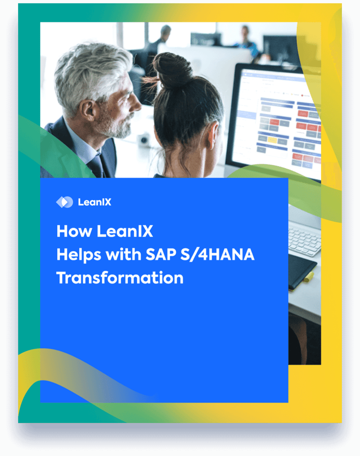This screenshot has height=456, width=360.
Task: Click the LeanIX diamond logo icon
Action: tap(64, 202)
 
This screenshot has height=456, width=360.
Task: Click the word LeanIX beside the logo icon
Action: tap(95, 202)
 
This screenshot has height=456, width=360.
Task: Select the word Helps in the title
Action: tap(78, 255)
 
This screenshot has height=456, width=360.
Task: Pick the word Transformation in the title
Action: tap(120, 278)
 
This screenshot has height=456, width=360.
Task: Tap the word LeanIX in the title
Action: tap(125, 231)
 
